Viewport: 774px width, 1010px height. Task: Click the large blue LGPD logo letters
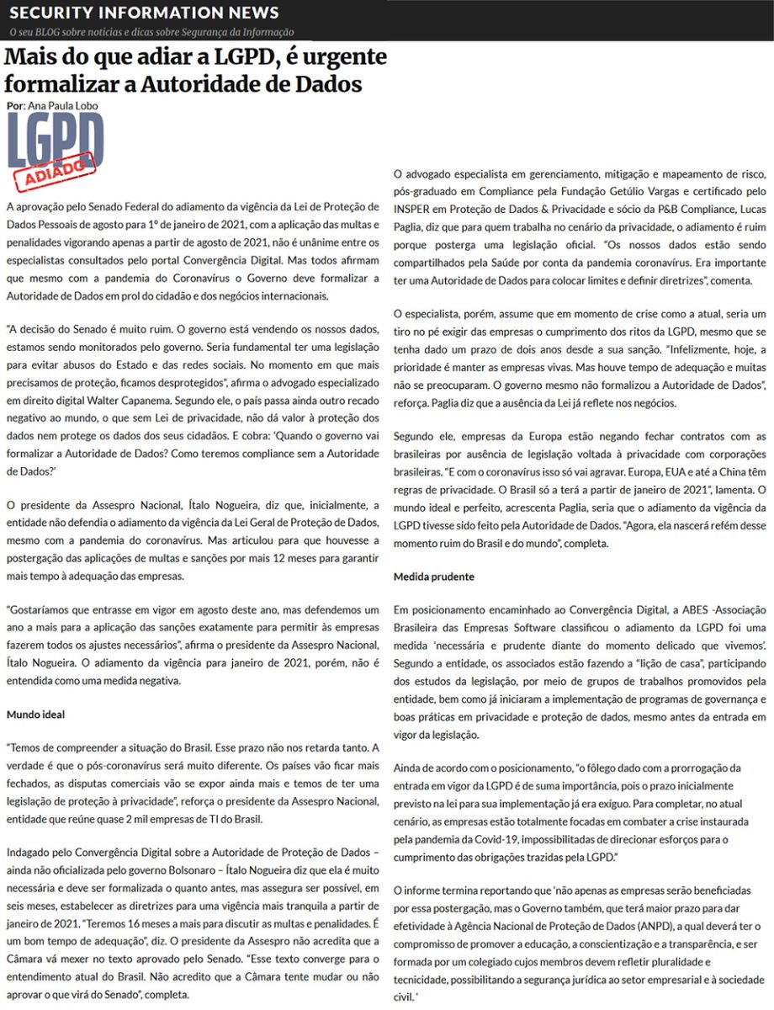56,141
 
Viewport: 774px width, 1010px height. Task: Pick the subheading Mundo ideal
35,715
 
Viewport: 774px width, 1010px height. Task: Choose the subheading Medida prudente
433,577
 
